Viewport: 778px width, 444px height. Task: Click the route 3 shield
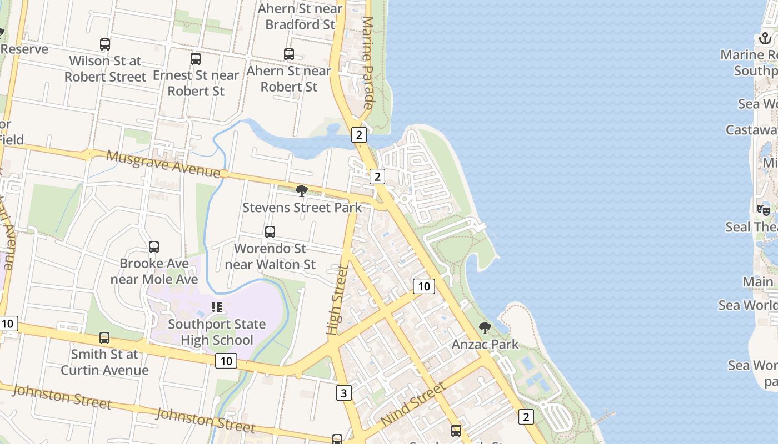click(x=344, y=393)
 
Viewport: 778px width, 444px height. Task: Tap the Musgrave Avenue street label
click(x=163, y=164)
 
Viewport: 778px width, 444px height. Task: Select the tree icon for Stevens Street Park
click(x=302, y=191)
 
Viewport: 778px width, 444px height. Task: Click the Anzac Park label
click(x=485, y=345)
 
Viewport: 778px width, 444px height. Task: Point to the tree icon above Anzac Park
click(x=485, y=328)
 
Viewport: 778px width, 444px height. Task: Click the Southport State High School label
click(x=217, y=332)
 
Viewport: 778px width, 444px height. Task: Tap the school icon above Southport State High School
click(x=217, y=307)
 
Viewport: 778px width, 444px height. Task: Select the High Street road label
click(x=337, y=300)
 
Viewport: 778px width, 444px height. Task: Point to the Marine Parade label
click(x=368, y=62)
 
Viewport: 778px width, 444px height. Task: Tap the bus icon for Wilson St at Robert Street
click(x=105, y=44)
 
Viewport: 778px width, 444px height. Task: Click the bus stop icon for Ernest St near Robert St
click(x=196, y=59)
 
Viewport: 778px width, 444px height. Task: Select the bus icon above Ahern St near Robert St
click(x=289, y=54)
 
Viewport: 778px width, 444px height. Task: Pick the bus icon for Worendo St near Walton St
click(x=270, y=232)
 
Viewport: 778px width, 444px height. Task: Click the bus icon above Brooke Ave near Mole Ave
click(x=154, y=247)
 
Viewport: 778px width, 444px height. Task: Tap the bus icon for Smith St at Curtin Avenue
click(x=104, y=338)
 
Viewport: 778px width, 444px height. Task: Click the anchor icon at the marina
click(x=766, y=38)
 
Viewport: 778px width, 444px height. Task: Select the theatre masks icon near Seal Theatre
click(x=764, y=210)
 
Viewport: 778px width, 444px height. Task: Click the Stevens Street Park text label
click(x=302, y=208)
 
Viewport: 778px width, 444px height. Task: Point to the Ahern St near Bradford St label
click(x=300, y=17)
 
